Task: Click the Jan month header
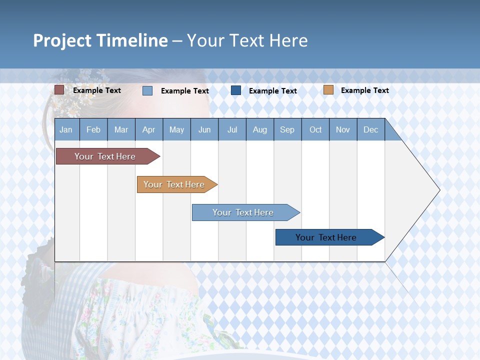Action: [66, 129]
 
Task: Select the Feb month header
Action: [93, 129]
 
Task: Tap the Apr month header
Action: [148, 129]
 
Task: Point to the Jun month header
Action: [204, 129]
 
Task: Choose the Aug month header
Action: [259, 129]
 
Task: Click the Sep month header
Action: [287, 129]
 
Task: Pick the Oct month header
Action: [315, 129]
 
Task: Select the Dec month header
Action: [370, 129]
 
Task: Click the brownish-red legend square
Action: [59, 90]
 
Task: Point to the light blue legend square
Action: [147, 90]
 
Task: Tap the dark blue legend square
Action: [236, 90]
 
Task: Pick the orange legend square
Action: [328, 90]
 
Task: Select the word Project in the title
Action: [62, 40]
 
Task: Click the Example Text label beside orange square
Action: [364, 90]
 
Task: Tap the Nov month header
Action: [342, 129]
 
